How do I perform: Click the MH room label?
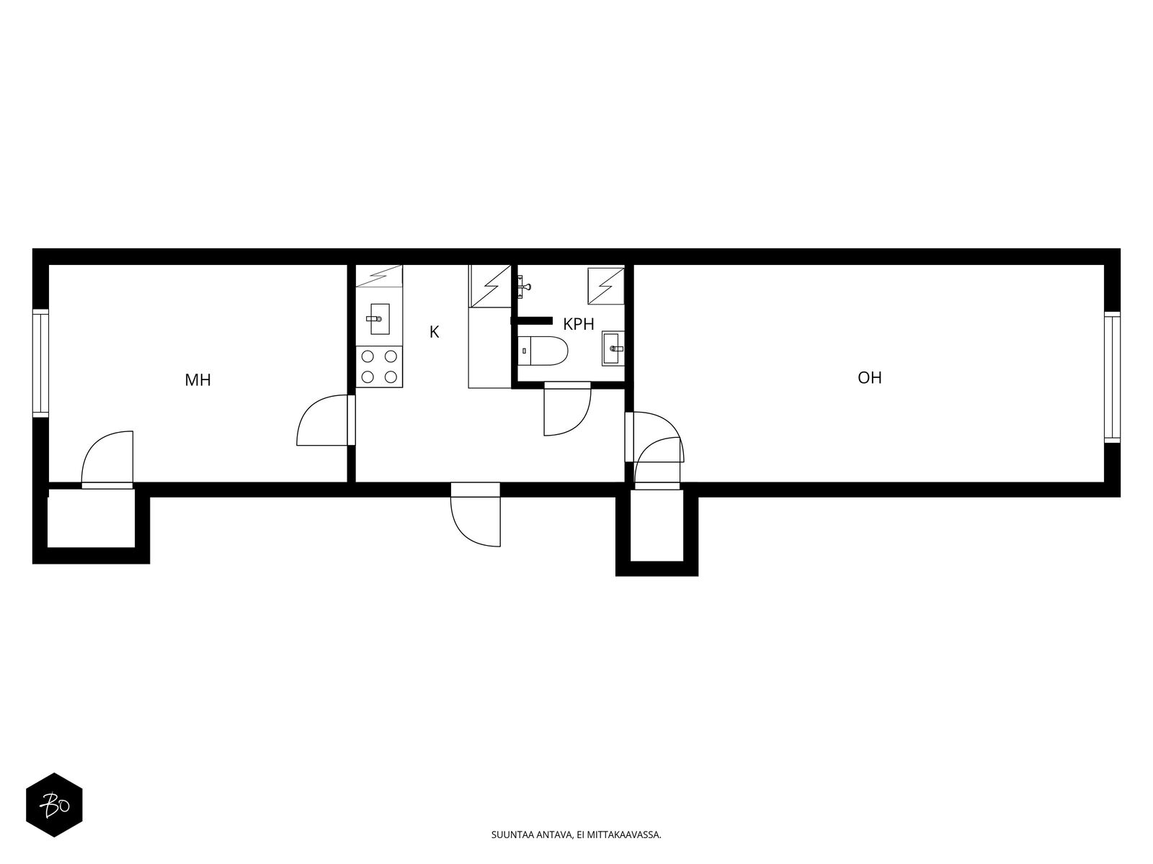[x=197, y=380]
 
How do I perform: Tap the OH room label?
[x=869, y=378]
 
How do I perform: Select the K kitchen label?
[x=434, y=332]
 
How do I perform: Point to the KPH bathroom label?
[x=579, y=324]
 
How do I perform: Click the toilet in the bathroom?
[x=543, y=351]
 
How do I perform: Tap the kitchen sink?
[x=379, y=318]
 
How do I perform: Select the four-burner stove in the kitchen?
[x=379, y=366]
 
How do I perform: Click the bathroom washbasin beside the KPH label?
[x=613, y=348]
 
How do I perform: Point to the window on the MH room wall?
[x=40, y=363]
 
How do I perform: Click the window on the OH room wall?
[x=1112, y=377]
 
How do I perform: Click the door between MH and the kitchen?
[x=326, y=420]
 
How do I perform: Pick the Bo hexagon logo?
[x=55, y=805]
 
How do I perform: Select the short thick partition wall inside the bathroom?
[x=531, y=320]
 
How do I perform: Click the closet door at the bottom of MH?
[x=107, y=460]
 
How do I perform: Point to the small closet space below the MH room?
[x=91, y=518]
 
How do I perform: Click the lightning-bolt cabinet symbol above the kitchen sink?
[x=379, y=276]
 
